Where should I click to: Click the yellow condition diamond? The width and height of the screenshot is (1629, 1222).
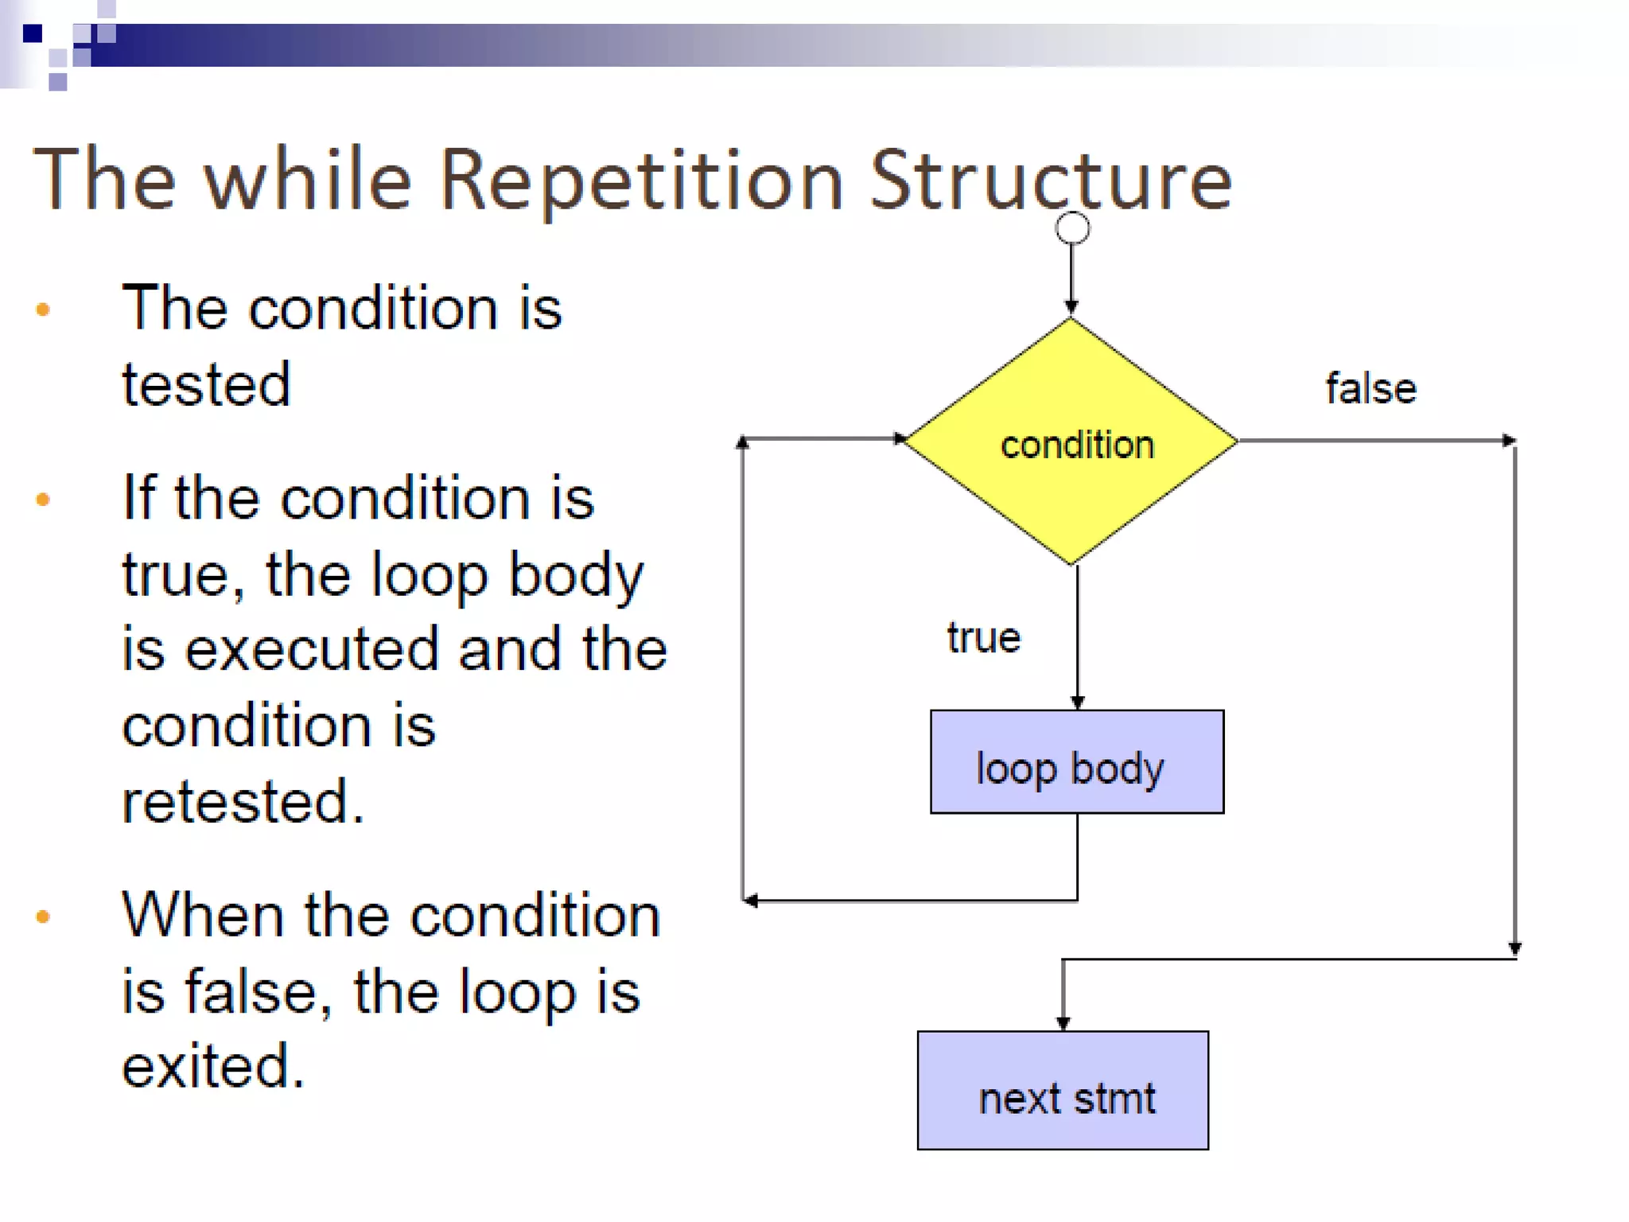(1071, 442)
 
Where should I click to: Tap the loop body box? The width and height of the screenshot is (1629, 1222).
(1076, 762)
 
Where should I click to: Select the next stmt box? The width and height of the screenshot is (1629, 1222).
(1063, 1090)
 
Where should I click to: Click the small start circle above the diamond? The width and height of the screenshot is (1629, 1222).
(1071, 228)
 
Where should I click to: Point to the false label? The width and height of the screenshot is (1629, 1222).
(1370, 389)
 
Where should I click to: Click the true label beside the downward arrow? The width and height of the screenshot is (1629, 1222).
(983, 638)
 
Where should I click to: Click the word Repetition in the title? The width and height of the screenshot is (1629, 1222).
(640, 181)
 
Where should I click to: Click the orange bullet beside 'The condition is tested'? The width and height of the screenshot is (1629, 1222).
(43, 309)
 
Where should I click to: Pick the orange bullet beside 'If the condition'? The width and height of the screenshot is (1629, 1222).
(43, 500)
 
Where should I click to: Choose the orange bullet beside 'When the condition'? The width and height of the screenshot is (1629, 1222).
(43, 917)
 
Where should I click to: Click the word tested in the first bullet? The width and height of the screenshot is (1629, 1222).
(206, 384)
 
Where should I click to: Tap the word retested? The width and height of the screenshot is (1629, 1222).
(242, 801)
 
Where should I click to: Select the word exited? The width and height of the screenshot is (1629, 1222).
(212, 1066)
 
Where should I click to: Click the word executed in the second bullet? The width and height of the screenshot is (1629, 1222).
(311, 649)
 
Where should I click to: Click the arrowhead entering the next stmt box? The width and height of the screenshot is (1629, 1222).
(1063, 1023)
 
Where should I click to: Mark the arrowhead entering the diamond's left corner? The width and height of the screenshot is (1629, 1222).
(900, 438)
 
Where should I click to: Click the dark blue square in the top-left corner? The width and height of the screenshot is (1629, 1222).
(33, 33)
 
